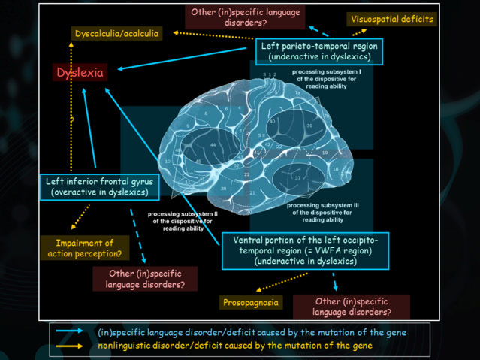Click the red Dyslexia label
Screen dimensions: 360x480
[79, 72]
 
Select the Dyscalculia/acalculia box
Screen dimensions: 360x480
[116, 34]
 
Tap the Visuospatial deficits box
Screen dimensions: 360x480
[392, 19]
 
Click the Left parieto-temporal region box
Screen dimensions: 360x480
[319, 51]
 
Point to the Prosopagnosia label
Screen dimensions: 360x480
[251, 303]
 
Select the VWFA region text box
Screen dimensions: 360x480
[305, 250]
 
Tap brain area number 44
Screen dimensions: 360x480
[213, 144]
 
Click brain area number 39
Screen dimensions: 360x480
[309, 126]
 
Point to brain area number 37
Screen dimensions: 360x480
[297, 177]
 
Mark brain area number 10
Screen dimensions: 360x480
[168, 161]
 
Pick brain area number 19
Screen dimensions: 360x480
[325, 153]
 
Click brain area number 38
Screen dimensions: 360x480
[224, 188]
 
